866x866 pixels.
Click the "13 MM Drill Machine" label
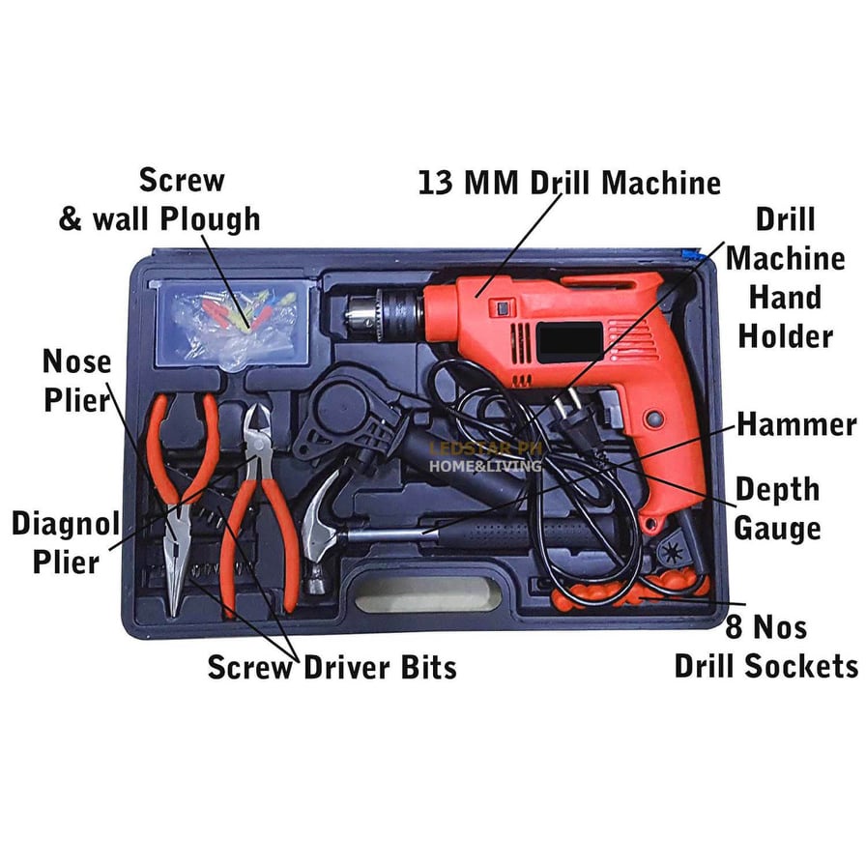(569, 183)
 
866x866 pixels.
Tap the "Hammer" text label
(795, 424)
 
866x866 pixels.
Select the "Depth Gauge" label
(777, 507)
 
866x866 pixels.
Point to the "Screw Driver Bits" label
(332, 666)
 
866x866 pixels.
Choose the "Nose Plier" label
(76, 381)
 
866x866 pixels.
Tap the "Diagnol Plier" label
(65, 542)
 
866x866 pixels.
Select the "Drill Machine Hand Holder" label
(784, 277)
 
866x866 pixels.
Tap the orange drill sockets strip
(628, 589)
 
